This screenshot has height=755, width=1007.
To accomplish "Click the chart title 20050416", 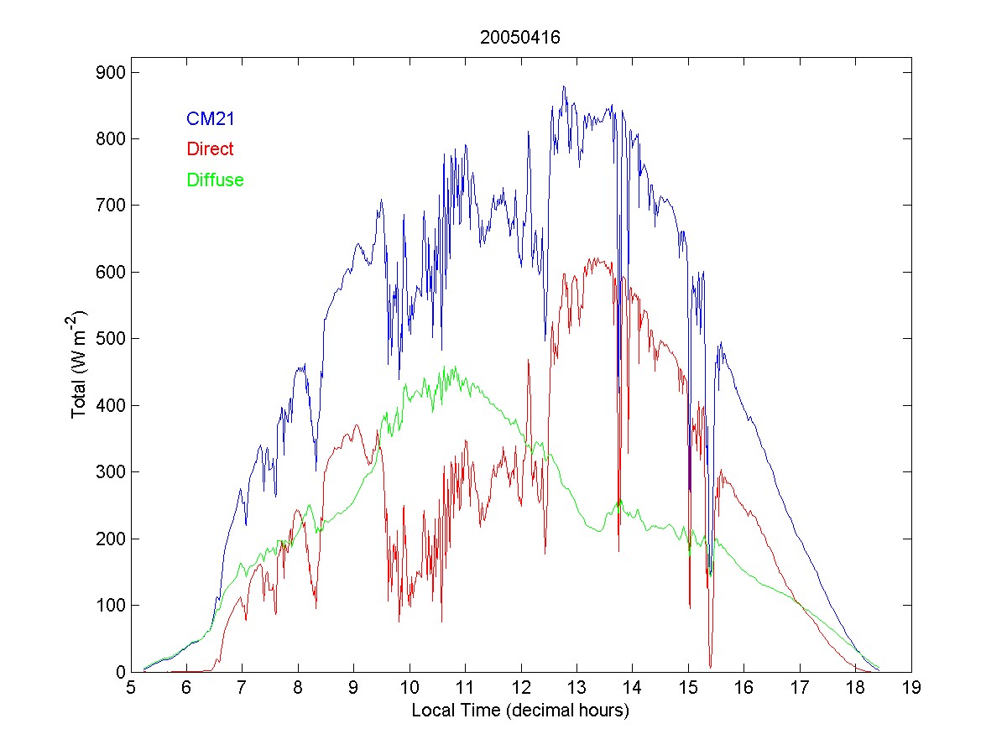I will coord(520,38).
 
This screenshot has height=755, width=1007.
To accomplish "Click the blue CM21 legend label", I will coord(211,119).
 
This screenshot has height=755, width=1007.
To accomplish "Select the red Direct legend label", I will coord(211,149).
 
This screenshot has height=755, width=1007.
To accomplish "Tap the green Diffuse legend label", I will coord(216,180).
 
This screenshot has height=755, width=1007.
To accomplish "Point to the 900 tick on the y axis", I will coord(110,72).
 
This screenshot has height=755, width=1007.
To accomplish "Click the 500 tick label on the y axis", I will coord(110,339).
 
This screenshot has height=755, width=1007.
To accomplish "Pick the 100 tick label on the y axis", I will coord(110,606).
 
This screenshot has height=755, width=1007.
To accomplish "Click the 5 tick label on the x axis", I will coord(131,689).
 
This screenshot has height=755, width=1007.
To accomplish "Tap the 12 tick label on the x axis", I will coord(521,689).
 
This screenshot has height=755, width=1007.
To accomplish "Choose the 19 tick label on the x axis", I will coord(911,689).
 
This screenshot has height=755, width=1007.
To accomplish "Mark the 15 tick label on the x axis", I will coord(688,689).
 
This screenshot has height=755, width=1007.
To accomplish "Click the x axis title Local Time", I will coord(520,711).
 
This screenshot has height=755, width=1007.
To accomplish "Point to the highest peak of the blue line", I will coord(564,86).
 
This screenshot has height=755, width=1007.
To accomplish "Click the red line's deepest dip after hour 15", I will coord(710,666).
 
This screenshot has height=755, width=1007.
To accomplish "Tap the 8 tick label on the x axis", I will coord(298,689).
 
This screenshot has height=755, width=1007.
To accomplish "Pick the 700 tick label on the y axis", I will coord(110,206).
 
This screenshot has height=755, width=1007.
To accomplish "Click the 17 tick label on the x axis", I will coord(800,689).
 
